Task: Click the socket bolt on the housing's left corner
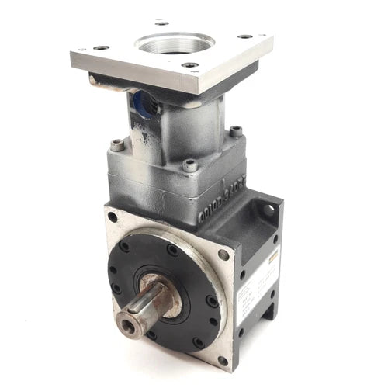point(116,144)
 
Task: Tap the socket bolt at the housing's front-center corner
point(189,165)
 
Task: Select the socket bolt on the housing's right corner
point(235,131)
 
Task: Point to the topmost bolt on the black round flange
point(172,250)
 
